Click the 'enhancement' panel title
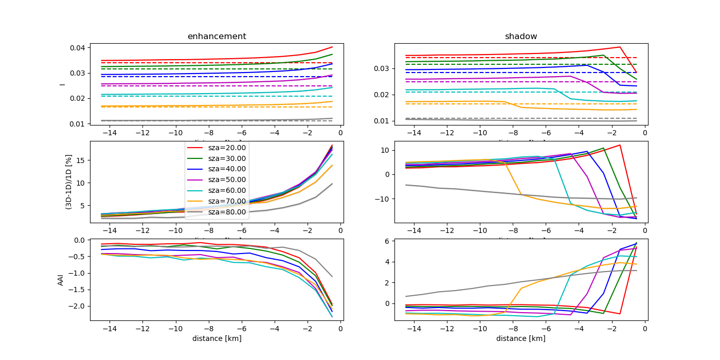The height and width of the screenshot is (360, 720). coord(217,37)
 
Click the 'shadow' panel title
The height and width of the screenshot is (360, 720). coord(520,37)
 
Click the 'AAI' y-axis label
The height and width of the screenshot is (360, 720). coord(61,280)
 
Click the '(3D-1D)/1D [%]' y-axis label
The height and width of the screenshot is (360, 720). coord(68,182)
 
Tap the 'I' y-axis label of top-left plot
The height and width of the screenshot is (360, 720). coord(62,84)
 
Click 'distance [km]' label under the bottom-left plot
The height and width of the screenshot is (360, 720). coord(217,338)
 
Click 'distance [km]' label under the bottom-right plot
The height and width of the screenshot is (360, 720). coord(520,338)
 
